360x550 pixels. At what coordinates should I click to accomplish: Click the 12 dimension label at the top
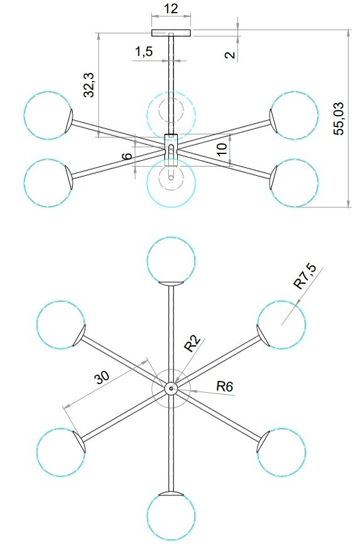point(171,8)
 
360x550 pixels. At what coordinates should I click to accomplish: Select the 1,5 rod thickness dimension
point(144,52)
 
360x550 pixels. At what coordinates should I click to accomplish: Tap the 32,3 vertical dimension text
point(89,85)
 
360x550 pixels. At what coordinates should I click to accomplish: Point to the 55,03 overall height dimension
point(339,119)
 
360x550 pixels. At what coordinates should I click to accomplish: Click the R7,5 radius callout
point(305,277)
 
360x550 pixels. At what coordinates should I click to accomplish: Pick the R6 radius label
point(224,387)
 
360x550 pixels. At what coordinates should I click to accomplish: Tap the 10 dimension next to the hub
point(222,150)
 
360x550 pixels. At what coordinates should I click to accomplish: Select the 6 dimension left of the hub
point(128,155)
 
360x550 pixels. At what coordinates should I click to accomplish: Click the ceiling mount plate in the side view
point(171,33)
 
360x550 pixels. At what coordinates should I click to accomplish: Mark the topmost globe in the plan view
point(171,260)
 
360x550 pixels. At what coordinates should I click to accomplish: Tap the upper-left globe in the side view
point(48,116)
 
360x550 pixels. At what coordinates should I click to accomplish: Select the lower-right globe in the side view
point(294,182)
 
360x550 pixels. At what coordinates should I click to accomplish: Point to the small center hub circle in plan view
point(171,388)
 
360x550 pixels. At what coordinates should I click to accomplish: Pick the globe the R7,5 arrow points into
point(281,324)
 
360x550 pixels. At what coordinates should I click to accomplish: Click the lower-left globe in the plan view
point(61,452)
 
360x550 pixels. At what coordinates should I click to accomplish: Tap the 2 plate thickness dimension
point(229,54)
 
